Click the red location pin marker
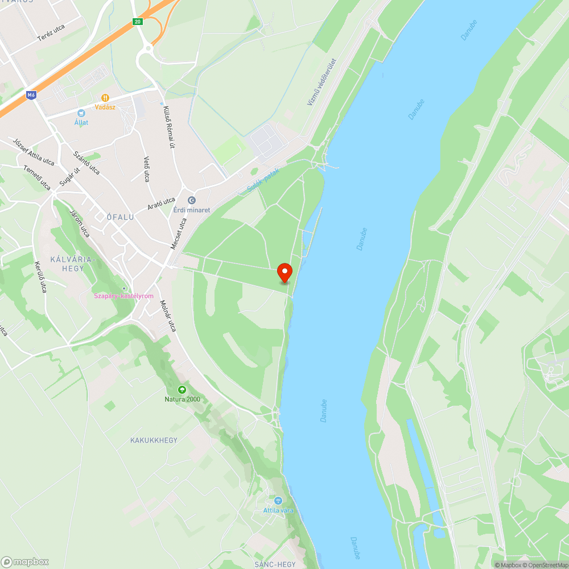click(284, 273)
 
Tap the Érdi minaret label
click(192, 210)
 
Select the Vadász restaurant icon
click(105, 98)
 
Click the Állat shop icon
click(81, 113)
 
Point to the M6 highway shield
click(31, 96)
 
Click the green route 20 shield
click(137, 22)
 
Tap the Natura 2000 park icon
click(182, 390)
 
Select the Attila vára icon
click(278, 501)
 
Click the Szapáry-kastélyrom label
click(124, 296)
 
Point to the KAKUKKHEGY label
click(154, 440)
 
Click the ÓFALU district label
click(120, 217)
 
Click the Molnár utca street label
click(168, 316)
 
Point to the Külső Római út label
click(168, 127)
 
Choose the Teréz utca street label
click(51, 32)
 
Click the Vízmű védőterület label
click(322, 81)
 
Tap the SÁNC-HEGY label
click(275, 564)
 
